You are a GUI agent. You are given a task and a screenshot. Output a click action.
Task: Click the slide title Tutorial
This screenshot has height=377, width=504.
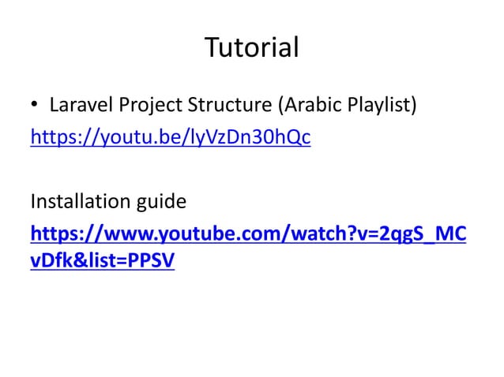[252, 48]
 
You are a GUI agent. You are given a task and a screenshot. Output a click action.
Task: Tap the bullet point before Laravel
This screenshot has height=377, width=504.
[35, 105]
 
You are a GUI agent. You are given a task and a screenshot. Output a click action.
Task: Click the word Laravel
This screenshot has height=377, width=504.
[77, 104]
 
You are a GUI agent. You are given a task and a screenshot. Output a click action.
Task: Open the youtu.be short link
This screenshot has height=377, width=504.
[170, 138]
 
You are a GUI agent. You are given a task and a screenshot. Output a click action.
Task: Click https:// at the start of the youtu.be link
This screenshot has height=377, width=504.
[60, 138]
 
